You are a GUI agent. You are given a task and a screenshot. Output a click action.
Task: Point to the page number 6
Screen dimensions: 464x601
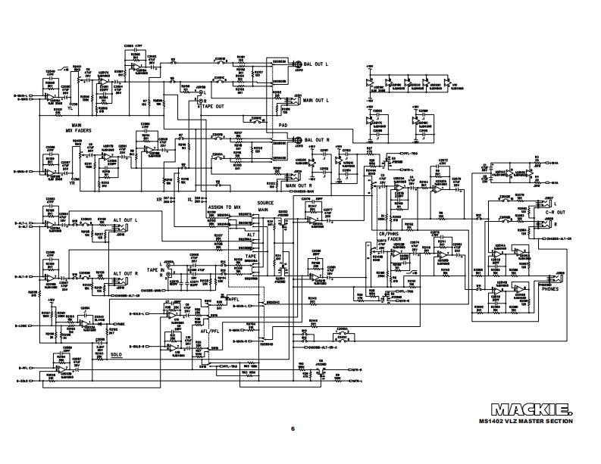pyautogui.click(x=292, y=429)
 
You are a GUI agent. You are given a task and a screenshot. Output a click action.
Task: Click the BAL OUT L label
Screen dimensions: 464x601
pyautogui.click(x=321, y=64)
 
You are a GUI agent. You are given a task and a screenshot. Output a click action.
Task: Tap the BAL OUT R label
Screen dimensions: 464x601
pyautogui.click(x=321, y=140)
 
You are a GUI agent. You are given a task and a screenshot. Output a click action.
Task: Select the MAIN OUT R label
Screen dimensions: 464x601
pyautogui.click(x=296, y=185)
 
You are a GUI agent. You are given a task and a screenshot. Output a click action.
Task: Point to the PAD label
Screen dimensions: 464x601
pyautogui.click(x=283, y=125)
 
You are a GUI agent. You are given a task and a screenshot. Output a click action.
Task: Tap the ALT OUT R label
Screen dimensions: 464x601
pyautogui.click(x=126, y=273)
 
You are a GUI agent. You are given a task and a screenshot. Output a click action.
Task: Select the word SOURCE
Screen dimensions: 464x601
pyautogui.click(x=267, y=203)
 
